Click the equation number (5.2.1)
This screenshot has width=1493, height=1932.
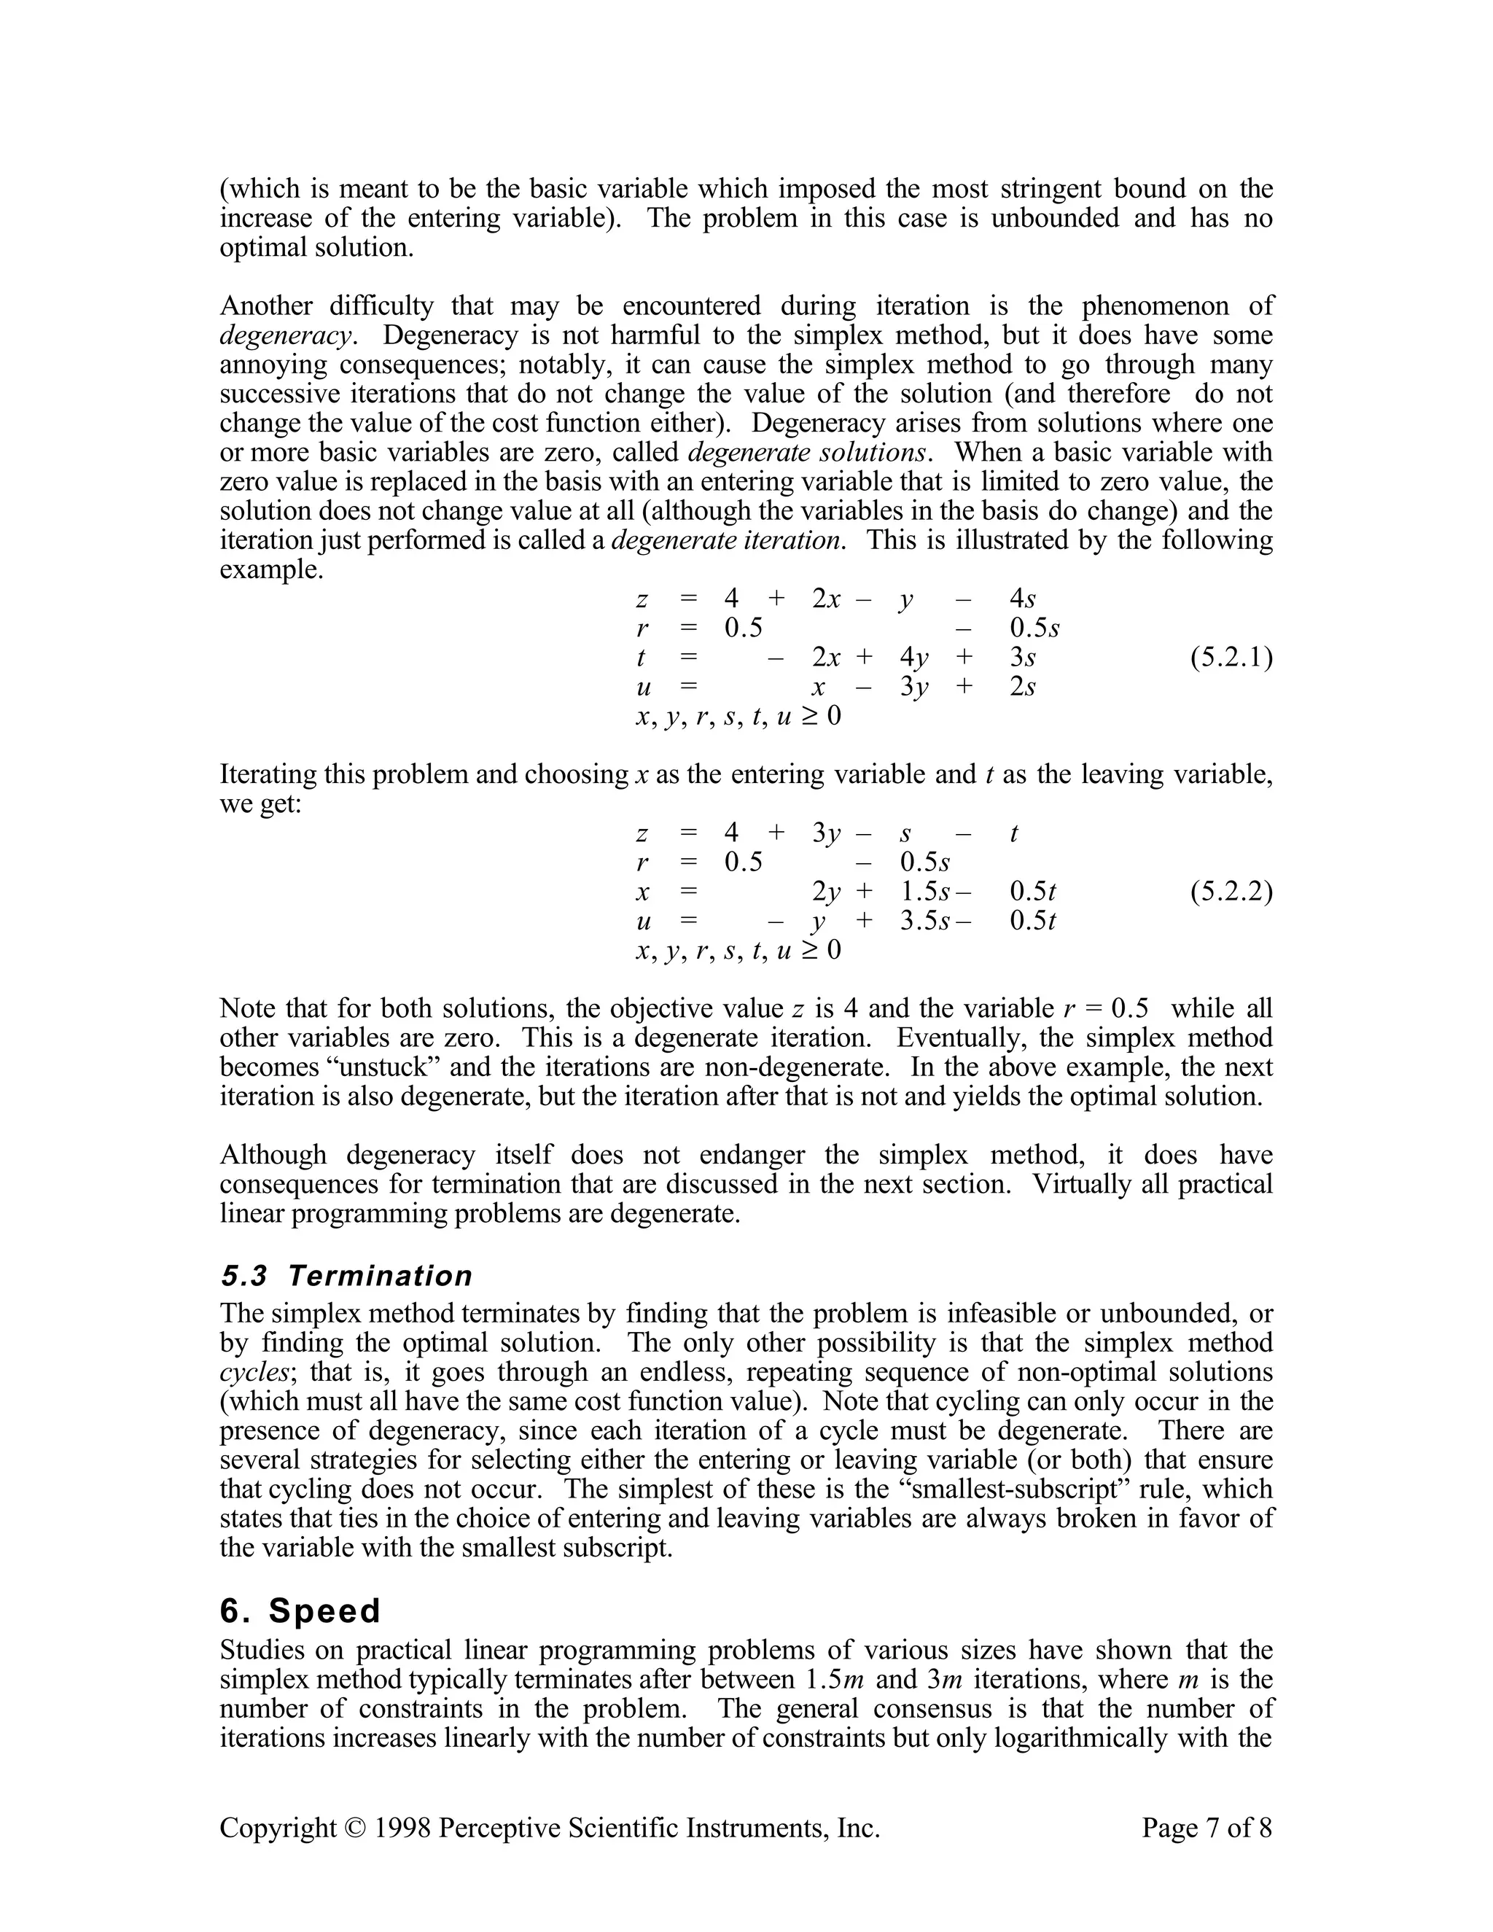click(x=1231, y=658)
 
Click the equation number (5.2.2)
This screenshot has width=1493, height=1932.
click(x=1231, y=892)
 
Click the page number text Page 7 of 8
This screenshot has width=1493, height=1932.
click(x=1207, y=1828)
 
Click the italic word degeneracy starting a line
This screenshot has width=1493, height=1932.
click(x=286, y=336)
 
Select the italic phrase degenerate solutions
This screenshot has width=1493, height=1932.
click(x=808, y=453)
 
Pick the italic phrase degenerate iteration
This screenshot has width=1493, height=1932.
click(x=725, y=540)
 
